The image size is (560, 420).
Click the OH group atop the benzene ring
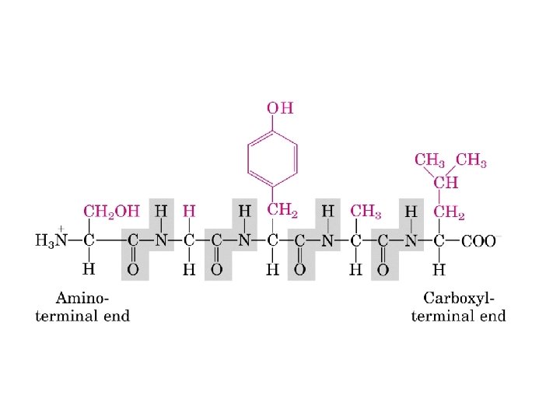281,108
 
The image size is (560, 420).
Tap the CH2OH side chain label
110,211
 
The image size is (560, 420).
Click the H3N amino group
52,240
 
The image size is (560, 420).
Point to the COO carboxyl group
478,240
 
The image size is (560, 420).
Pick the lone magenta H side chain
188,211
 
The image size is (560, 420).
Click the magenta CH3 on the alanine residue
366,211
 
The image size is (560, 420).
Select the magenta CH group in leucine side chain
446,184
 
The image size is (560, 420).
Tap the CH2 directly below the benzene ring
282,211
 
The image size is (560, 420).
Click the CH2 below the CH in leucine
449,211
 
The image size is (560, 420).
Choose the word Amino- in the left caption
82,298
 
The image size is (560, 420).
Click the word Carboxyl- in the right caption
459,298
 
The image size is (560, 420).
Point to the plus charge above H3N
59,229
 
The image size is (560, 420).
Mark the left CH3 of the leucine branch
429,161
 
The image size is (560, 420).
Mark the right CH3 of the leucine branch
471,161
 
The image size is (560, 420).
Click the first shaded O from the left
132,269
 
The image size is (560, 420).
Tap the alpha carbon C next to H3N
89,240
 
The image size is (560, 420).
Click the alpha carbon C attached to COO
439,240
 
